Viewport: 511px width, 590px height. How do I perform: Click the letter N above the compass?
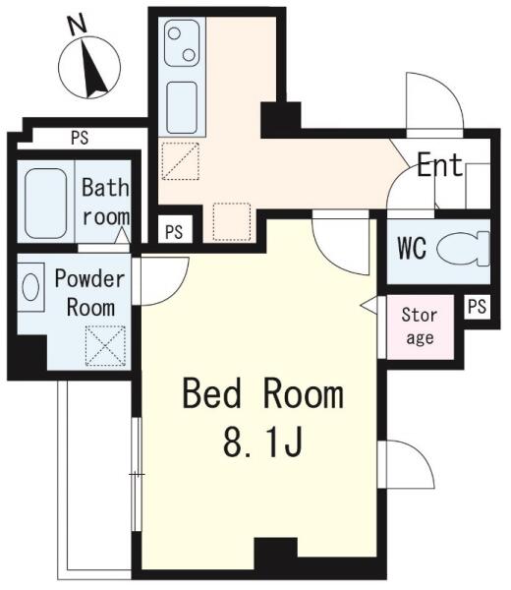[77, 25]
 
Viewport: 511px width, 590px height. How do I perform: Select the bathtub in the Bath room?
[46, 204]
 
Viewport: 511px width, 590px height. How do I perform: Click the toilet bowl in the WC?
[463, 249]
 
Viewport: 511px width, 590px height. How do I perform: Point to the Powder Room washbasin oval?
[30, 287]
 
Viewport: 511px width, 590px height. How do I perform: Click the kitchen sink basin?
[182, 107]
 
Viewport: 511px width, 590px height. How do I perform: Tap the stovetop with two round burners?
[182, 43]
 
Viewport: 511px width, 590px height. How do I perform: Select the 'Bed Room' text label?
[262, 393]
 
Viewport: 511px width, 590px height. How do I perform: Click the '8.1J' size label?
[262, 442]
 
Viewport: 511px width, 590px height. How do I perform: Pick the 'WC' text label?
[412, 249]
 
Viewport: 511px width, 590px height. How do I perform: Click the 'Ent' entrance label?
[439, 164]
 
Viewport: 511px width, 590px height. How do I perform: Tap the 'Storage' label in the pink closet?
[420, 325]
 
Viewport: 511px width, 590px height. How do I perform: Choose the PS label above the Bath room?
[80, 138]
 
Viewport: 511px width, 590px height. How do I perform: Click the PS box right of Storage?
[478, 306]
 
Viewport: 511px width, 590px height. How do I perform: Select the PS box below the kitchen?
[174, 231]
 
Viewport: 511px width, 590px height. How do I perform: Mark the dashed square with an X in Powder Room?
[105, 346]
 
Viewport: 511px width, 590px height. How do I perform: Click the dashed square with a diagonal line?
[180, 161]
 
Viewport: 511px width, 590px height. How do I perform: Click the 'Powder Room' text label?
[89, 293]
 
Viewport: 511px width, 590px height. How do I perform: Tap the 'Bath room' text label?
[106, 203]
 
